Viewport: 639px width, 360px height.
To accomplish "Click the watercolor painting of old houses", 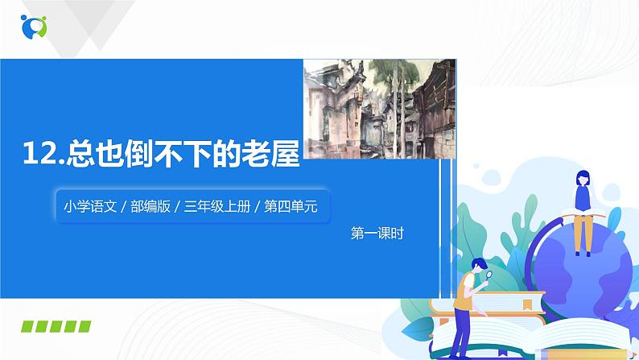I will point(371,108).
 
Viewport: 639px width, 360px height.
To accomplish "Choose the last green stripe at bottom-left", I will point(84,327).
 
